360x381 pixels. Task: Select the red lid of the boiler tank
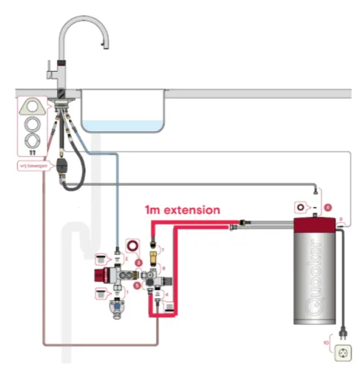pos(313,224)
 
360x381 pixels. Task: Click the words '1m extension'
pos(182,210)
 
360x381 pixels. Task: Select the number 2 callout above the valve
pos(125,259)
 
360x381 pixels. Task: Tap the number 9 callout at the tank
pos(340,220)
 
